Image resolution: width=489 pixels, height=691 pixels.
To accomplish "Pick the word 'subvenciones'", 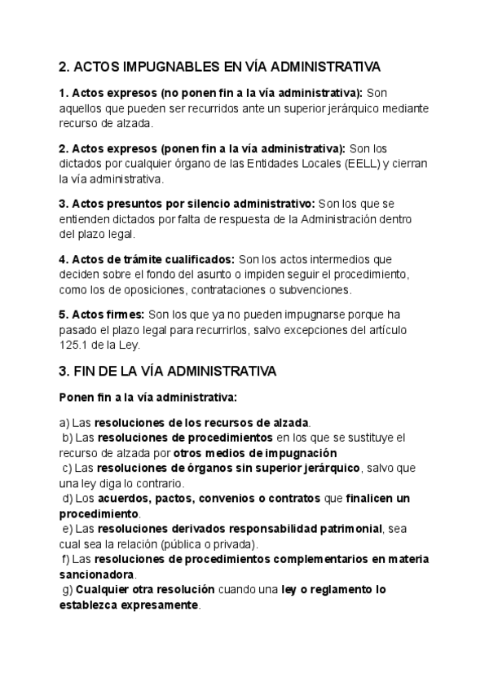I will pyautogui.click(x=328, y=288).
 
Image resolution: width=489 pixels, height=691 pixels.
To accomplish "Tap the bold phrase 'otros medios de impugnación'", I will pyautogui.click(x=255, y=452).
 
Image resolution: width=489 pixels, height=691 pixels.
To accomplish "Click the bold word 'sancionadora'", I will pyautogui.click(x=97, y=575).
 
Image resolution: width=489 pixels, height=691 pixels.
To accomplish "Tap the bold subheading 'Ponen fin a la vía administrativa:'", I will pyautogui.click(x=148, y=398).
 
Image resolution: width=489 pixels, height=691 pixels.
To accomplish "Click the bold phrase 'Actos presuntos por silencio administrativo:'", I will pyautogui.click(x=187, y=204).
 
